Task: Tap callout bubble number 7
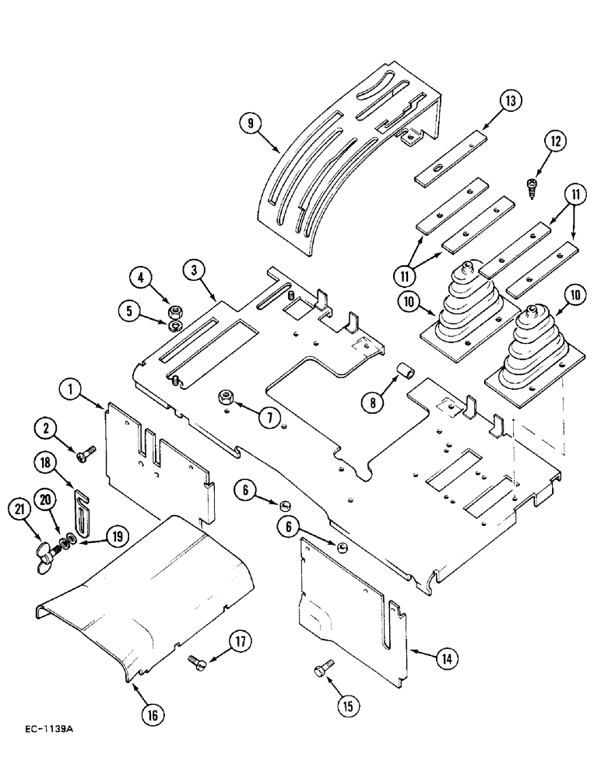coord(270,418)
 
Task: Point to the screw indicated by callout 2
coord(86,450)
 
